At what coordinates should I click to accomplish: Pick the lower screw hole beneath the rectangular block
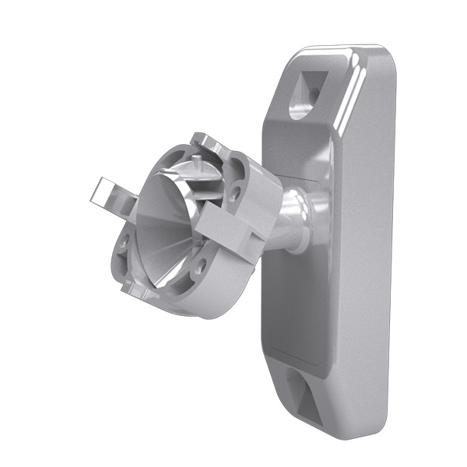[201, 266]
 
